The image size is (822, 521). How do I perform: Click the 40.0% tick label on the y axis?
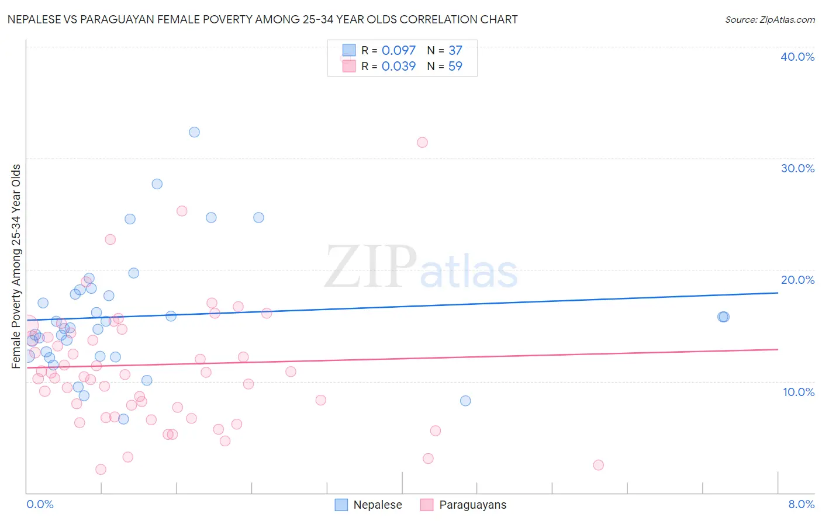[x=797, y=57]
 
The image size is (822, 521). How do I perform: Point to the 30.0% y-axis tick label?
[x=797, y=168]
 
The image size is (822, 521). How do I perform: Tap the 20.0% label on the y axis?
[x=797, y=280]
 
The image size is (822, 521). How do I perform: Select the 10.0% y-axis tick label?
[x=798, y=392]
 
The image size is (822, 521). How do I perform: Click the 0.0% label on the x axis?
[x=40, y=504]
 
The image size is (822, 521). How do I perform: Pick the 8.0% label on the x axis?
[x=801, y=504]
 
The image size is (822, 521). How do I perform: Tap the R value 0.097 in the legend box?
[x=398, y=51]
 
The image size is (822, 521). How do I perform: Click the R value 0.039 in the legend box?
[x=398, y=66]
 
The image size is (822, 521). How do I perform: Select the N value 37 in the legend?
[x=455, y=51]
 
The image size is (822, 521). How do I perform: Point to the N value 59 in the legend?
[x=455, y=66]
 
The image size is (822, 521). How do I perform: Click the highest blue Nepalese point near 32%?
[x=194, y=132]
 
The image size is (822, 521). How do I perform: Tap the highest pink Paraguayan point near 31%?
[x=422, y=143]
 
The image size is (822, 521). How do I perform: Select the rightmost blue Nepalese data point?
[x=724, y=317]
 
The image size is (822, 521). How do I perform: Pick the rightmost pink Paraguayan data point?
[x=598, y=465]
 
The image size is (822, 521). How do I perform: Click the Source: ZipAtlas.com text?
[x=769, y=20]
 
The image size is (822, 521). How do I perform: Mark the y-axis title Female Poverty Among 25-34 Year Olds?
[x=16, y=266]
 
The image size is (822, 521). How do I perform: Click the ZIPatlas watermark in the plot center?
[x=421, y=268]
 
